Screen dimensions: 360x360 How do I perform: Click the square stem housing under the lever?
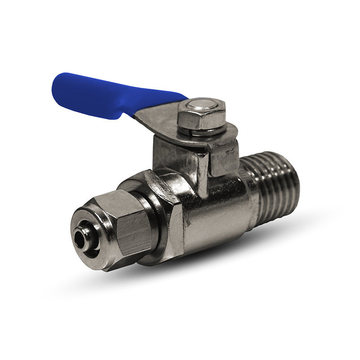[x=180, y=155]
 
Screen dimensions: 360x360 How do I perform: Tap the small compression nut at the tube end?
[x=117, y=229]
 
